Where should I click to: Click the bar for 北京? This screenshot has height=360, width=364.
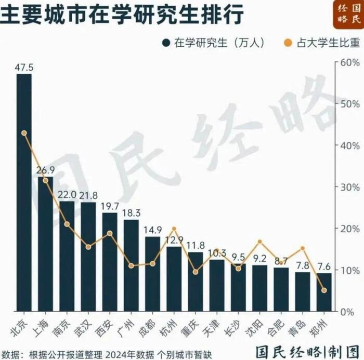point(24,192)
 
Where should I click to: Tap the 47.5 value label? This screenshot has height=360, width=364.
point(24,68)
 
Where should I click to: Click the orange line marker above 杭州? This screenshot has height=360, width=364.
point(174,229)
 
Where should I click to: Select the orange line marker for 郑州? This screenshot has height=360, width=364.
point(324,290)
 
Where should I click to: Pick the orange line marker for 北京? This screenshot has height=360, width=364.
point(24,133)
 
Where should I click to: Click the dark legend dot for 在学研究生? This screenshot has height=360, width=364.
point(166,43)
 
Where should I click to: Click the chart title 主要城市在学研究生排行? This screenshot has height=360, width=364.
point(122,15)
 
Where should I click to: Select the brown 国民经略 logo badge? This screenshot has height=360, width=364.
point(348,15)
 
